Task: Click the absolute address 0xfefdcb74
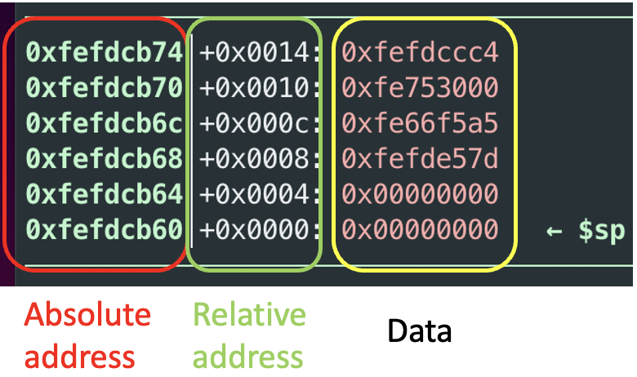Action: click(x=105, y=52)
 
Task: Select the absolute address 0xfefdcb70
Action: click(x=105, y=87)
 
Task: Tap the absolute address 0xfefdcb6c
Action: click(x=105, y=123)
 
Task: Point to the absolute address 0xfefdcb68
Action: click(x=105, y=158)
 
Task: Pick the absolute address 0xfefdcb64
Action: click(x=105, y=193)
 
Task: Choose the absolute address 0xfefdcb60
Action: click(x=105, y=228)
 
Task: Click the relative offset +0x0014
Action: click(x=255, y=52)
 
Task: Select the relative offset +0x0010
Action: click(x=255, y=87)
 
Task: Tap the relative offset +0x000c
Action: click(x=255, y=123)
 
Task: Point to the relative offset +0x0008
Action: click(x=255, y=158)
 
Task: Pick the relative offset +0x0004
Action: click(x=255, y=193)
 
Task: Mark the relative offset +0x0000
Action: click(x=255, y=228)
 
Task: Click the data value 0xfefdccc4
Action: click(x=420, y=52)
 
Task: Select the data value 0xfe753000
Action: click(x=420, y=87)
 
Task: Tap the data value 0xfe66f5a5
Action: click(x=420, y=123)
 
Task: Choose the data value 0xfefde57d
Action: click(x=420, y=158)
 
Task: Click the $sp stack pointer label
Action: click(x=602, y=230)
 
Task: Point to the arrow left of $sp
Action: click(x=555, y=231)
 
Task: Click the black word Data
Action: click(x=420, y=330)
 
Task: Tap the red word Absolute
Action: click(x=87, y=315)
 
